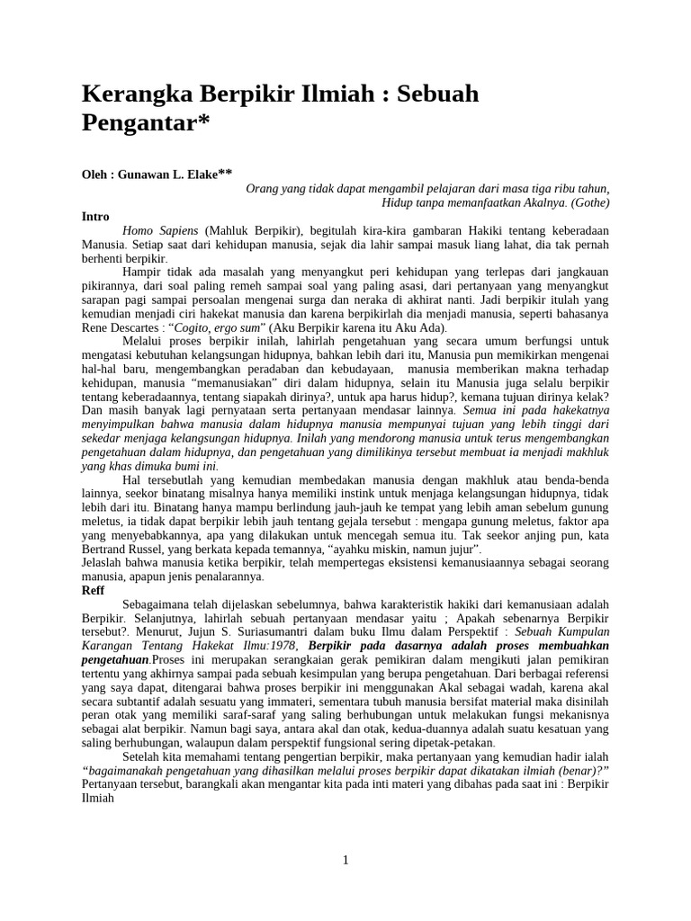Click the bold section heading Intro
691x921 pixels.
pos(95,217)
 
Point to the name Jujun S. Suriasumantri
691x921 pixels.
pos(211,633)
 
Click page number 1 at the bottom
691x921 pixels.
pos(345,860)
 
